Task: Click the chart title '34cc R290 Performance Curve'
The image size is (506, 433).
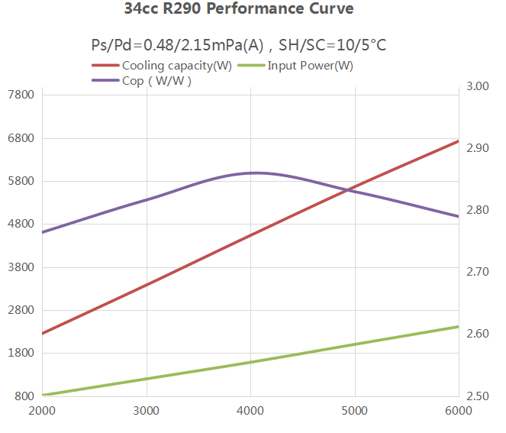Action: (239, 11)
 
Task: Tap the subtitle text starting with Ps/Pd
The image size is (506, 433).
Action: (238, 46)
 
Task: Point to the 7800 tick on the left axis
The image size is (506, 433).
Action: (21, 95)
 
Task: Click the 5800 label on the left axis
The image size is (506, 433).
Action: (21, 182)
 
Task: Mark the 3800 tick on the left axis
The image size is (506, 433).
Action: (21, 267)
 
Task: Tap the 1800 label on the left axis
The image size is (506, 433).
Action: (21, 354)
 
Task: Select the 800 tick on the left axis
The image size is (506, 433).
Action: (24, 396)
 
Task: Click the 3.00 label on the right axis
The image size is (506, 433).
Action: (478, 86)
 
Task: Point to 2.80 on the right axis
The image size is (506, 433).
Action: (478, 210)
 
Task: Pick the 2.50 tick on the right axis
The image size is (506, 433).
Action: (478, 396)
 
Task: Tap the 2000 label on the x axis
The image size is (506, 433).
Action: (42, 410)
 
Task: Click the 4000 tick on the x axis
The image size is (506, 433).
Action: (250, 410)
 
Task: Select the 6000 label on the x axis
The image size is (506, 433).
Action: (458, 410)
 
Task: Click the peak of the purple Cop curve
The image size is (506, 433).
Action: (255, 173)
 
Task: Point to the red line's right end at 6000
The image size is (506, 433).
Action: (459, 141)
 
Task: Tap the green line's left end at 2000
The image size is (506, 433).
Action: (43, 395)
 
